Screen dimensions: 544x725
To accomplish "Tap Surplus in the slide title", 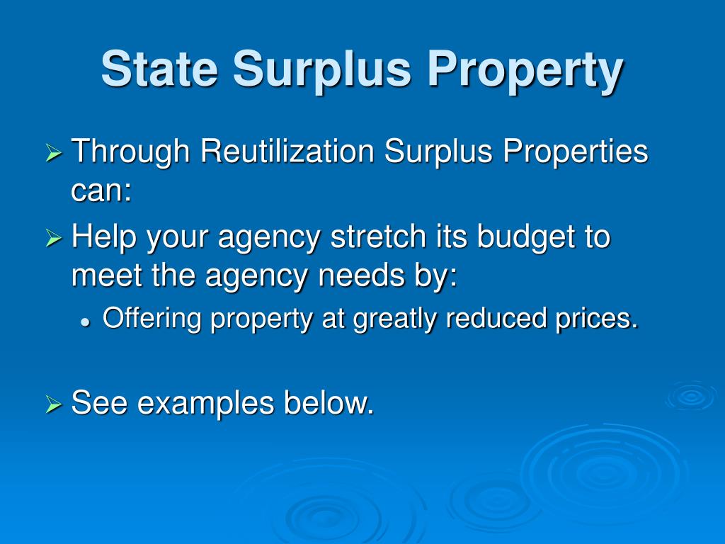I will tap(323, 69).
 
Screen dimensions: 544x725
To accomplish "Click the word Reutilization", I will tap(287, 152).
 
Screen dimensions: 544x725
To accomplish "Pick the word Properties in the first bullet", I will tap(566, 153).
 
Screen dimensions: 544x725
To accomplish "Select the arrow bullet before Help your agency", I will tap(55, 239).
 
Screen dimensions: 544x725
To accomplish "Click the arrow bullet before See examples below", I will tap(55, 405).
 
